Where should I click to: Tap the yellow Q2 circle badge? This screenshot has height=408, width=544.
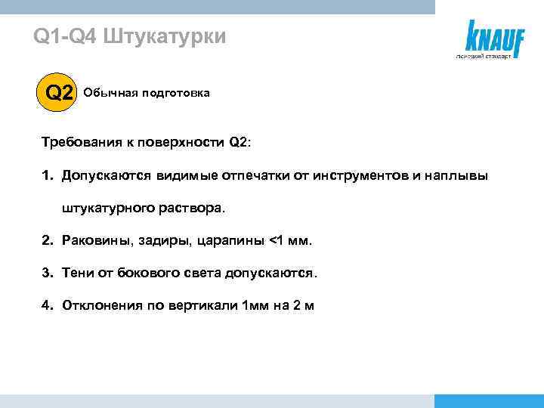click(60, 93)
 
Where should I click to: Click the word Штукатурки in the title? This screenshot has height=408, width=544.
click(163, 36)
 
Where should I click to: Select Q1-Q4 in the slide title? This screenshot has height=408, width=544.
click(65, 36)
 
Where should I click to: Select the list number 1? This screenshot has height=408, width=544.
click(46, 175)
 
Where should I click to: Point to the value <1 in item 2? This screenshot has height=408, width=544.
click(277, 240)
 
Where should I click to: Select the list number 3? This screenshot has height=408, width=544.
click(46, 273)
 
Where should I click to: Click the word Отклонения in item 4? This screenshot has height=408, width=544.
click(102, 305)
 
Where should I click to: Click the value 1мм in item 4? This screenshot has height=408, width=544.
click(253, 305)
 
